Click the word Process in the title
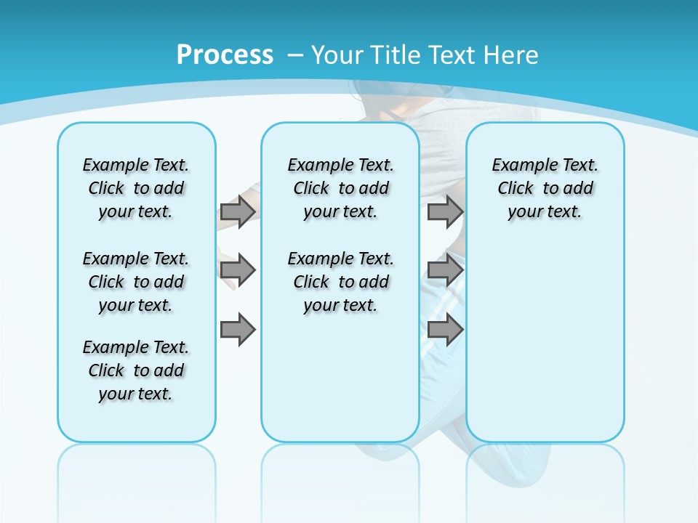coord(225,54)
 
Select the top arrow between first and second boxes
coord(237,211)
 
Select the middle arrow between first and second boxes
coord(237,270)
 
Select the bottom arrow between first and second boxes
coord(237,331)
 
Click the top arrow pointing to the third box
coord(444,211)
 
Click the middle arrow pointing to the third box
coord(444,270)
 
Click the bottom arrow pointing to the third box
coord(444,331)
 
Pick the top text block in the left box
coord(136,188)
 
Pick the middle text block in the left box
coord(136,282)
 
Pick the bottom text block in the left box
coord(136,370)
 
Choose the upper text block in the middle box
coord(340,188)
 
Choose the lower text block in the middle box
coord(340,282)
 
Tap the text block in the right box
coord(545,188)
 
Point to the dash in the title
coord(295,55)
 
